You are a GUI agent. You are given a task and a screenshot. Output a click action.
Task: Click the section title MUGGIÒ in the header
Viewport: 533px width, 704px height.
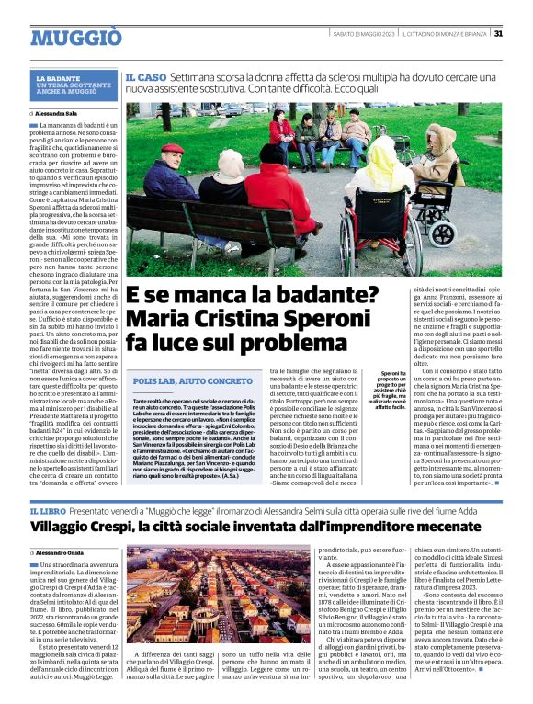[75, 38]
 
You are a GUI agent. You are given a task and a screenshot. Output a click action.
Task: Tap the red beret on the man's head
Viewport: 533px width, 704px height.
[172, 148]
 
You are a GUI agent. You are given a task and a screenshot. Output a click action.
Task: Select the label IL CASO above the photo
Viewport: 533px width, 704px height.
[145, 81]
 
